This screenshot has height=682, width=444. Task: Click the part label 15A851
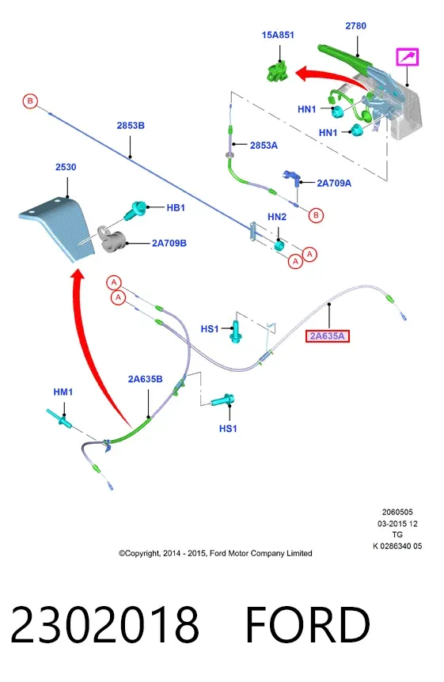tap(278, 35)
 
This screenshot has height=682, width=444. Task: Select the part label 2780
tap(355, 26)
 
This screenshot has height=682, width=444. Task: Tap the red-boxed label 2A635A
tap(328, 336)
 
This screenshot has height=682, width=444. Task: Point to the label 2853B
tap(131, 126)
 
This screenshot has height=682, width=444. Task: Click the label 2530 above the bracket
tap(66, 167)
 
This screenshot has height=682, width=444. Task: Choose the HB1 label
tap(176, 208)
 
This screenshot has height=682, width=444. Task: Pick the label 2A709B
tap(169, 243)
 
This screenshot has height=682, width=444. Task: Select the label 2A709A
tap(334, 183)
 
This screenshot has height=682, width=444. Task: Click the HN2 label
tap(277, 217)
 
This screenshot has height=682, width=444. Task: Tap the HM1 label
tap(63, 392)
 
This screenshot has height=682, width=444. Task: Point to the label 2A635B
tap(145, 379)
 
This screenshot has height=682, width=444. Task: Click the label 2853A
tap(264, 146)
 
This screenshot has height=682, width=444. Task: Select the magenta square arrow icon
tap(407, 57)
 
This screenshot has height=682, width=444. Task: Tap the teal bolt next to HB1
tap(135, 210)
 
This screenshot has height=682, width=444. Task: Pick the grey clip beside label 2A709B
tap(111, 239)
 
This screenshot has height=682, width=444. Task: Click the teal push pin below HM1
tap(59, 418)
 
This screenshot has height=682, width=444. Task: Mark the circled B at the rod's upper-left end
tap(30, 101)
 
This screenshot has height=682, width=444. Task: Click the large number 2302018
tap(104, 624)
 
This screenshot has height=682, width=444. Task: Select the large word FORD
tap(308, 624)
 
